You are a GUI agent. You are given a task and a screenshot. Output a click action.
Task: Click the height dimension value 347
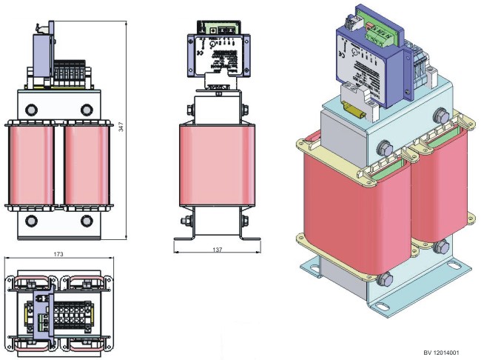120,127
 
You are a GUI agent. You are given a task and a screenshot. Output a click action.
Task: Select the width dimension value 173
58,254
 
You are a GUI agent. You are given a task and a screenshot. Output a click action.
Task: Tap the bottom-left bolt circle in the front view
31,220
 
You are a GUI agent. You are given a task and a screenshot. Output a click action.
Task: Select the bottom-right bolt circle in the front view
87,220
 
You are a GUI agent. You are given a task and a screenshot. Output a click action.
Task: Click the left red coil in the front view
30,164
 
